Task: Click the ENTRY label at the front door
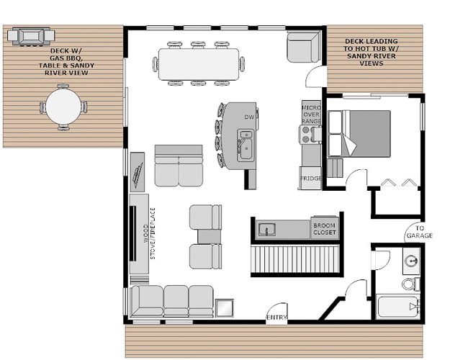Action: (x=276, y=318)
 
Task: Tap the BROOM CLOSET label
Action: (x=324, y=229)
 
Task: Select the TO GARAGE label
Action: (x=420, y=232)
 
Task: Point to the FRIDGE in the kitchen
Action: (x=310, y=179)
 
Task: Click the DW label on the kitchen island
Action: (x=249, y=117)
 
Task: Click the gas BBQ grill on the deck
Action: (x=31, y=37)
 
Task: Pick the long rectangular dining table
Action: (x=199, y=64)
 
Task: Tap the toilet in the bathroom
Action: (x=410, y=284)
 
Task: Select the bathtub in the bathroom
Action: (x=398, y=307)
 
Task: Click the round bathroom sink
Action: (x=411, y=261)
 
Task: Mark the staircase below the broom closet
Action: (x=295, y=259)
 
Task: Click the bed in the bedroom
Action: (x=359, y=134)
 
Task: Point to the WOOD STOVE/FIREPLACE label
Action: (x=149, y=233)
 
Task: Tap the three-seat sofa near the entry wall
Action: (x=172, y=301)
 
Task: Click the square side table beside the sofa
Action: (x=225, y=308)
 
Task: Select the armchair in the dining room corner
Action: (x=303, y=48)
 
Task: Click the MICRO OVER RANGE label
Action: (x=311, y=114)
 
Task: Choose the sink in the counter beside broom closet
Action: (x=266, y=230)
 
